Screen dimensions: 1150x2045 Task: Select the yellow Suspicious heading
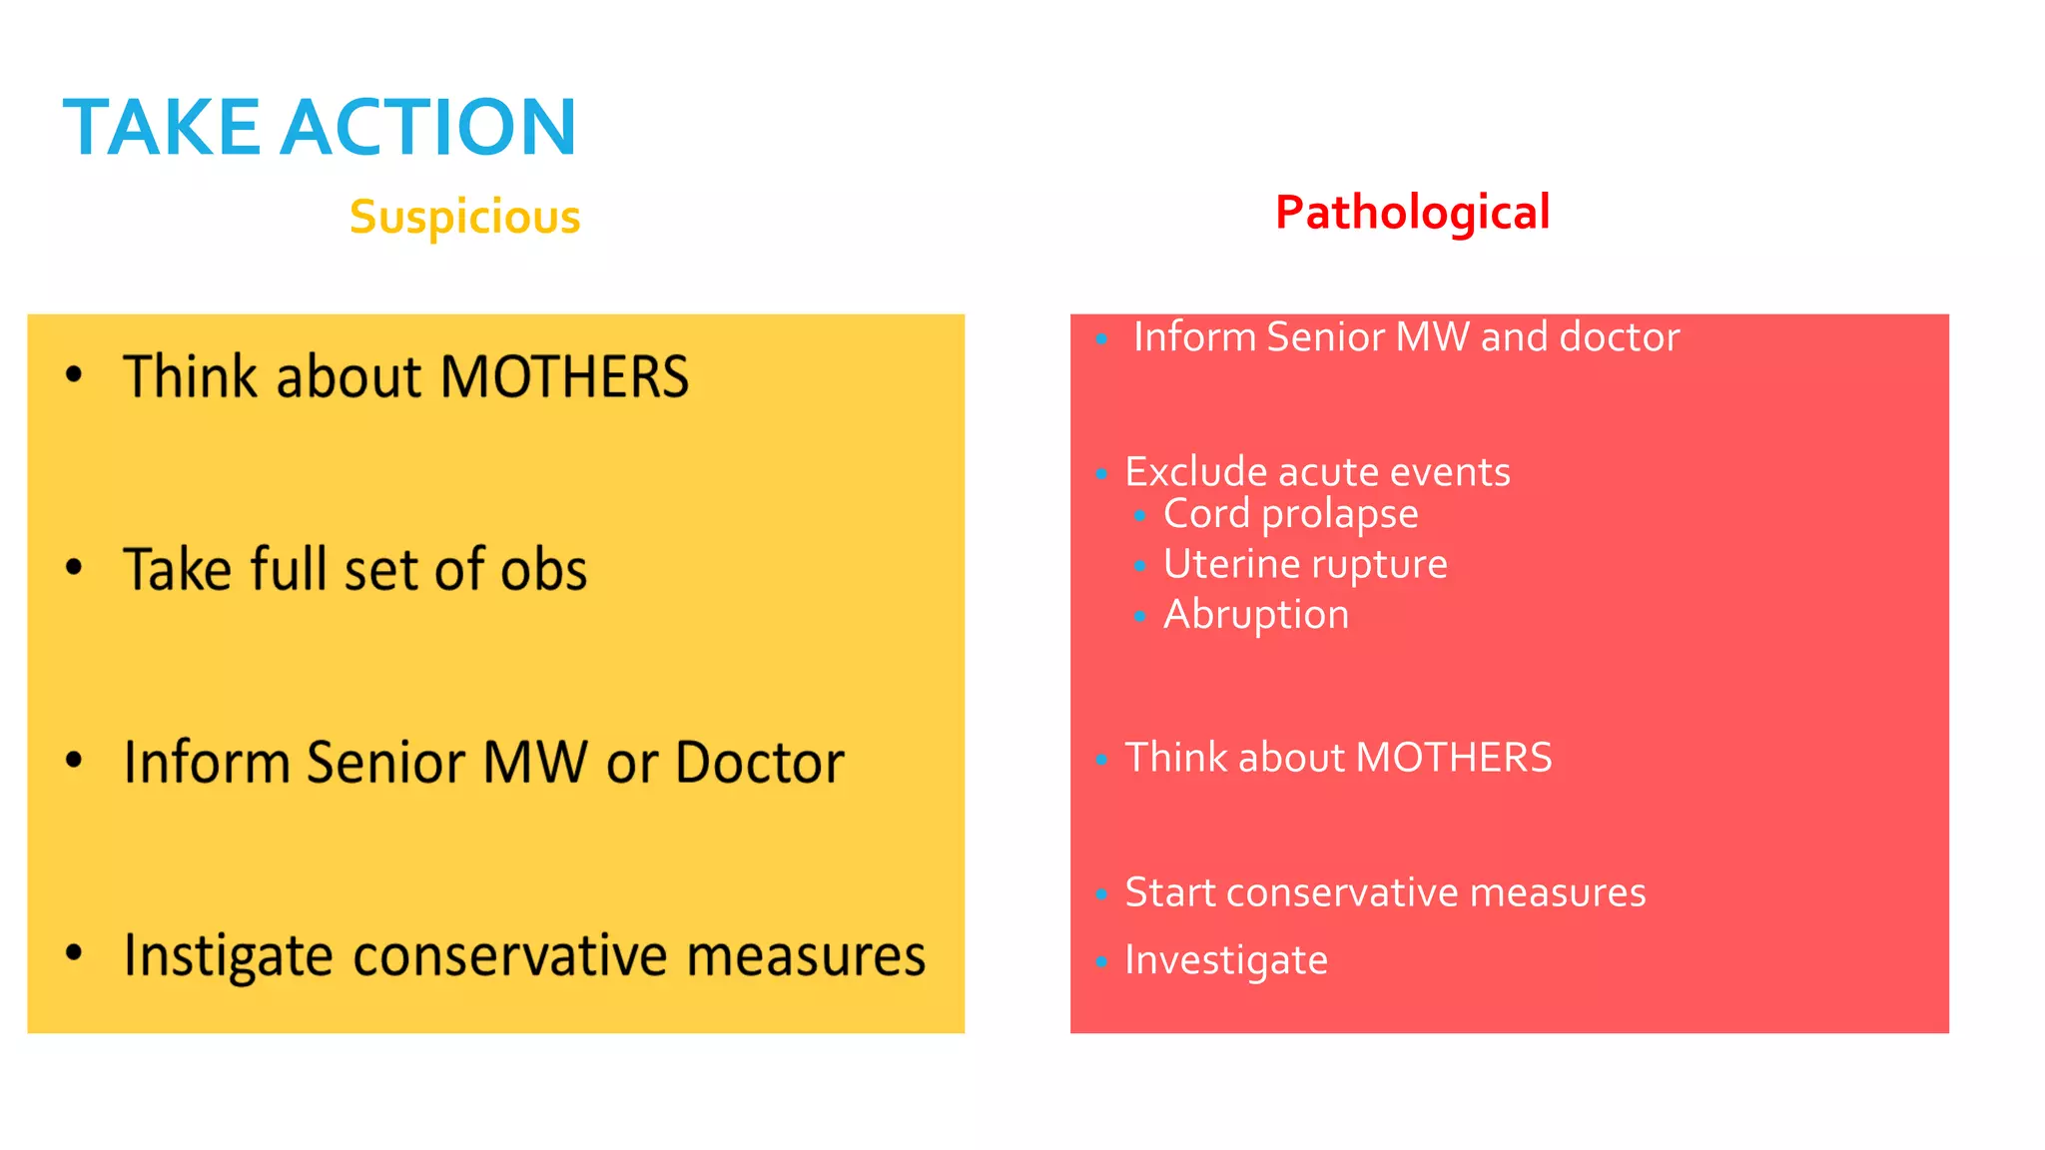[464, 217]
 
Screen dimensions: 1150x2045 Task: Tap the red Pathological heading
[1412, 213]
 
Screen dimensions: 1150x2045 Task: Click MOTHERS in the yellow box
[564, 377]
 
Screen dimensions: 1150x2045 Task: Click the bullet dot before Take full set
[74, 567]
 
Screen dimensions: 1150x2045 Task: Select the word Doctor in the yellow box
[760, 763]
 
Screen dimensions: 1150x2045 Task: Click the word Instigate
[228, 956]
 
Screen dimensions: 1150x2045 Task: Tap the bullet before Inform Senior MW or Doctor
[74, 760]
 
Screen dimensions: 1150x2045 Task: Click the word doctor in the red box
[1619, 337]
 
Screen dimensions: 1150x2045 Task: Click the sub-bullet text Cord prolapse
[1290, 514]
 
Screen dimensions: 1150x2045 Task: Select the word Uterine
[1229, 564]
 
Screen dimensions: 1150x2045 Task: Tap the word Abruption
[1256, 614]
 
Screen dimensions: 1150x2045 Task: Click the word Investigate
[1226, 960]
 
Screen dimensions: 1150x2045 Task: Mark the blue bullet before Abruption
[1139, 617]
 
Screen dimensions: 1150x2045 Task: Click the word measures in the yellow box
[806, 956]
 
